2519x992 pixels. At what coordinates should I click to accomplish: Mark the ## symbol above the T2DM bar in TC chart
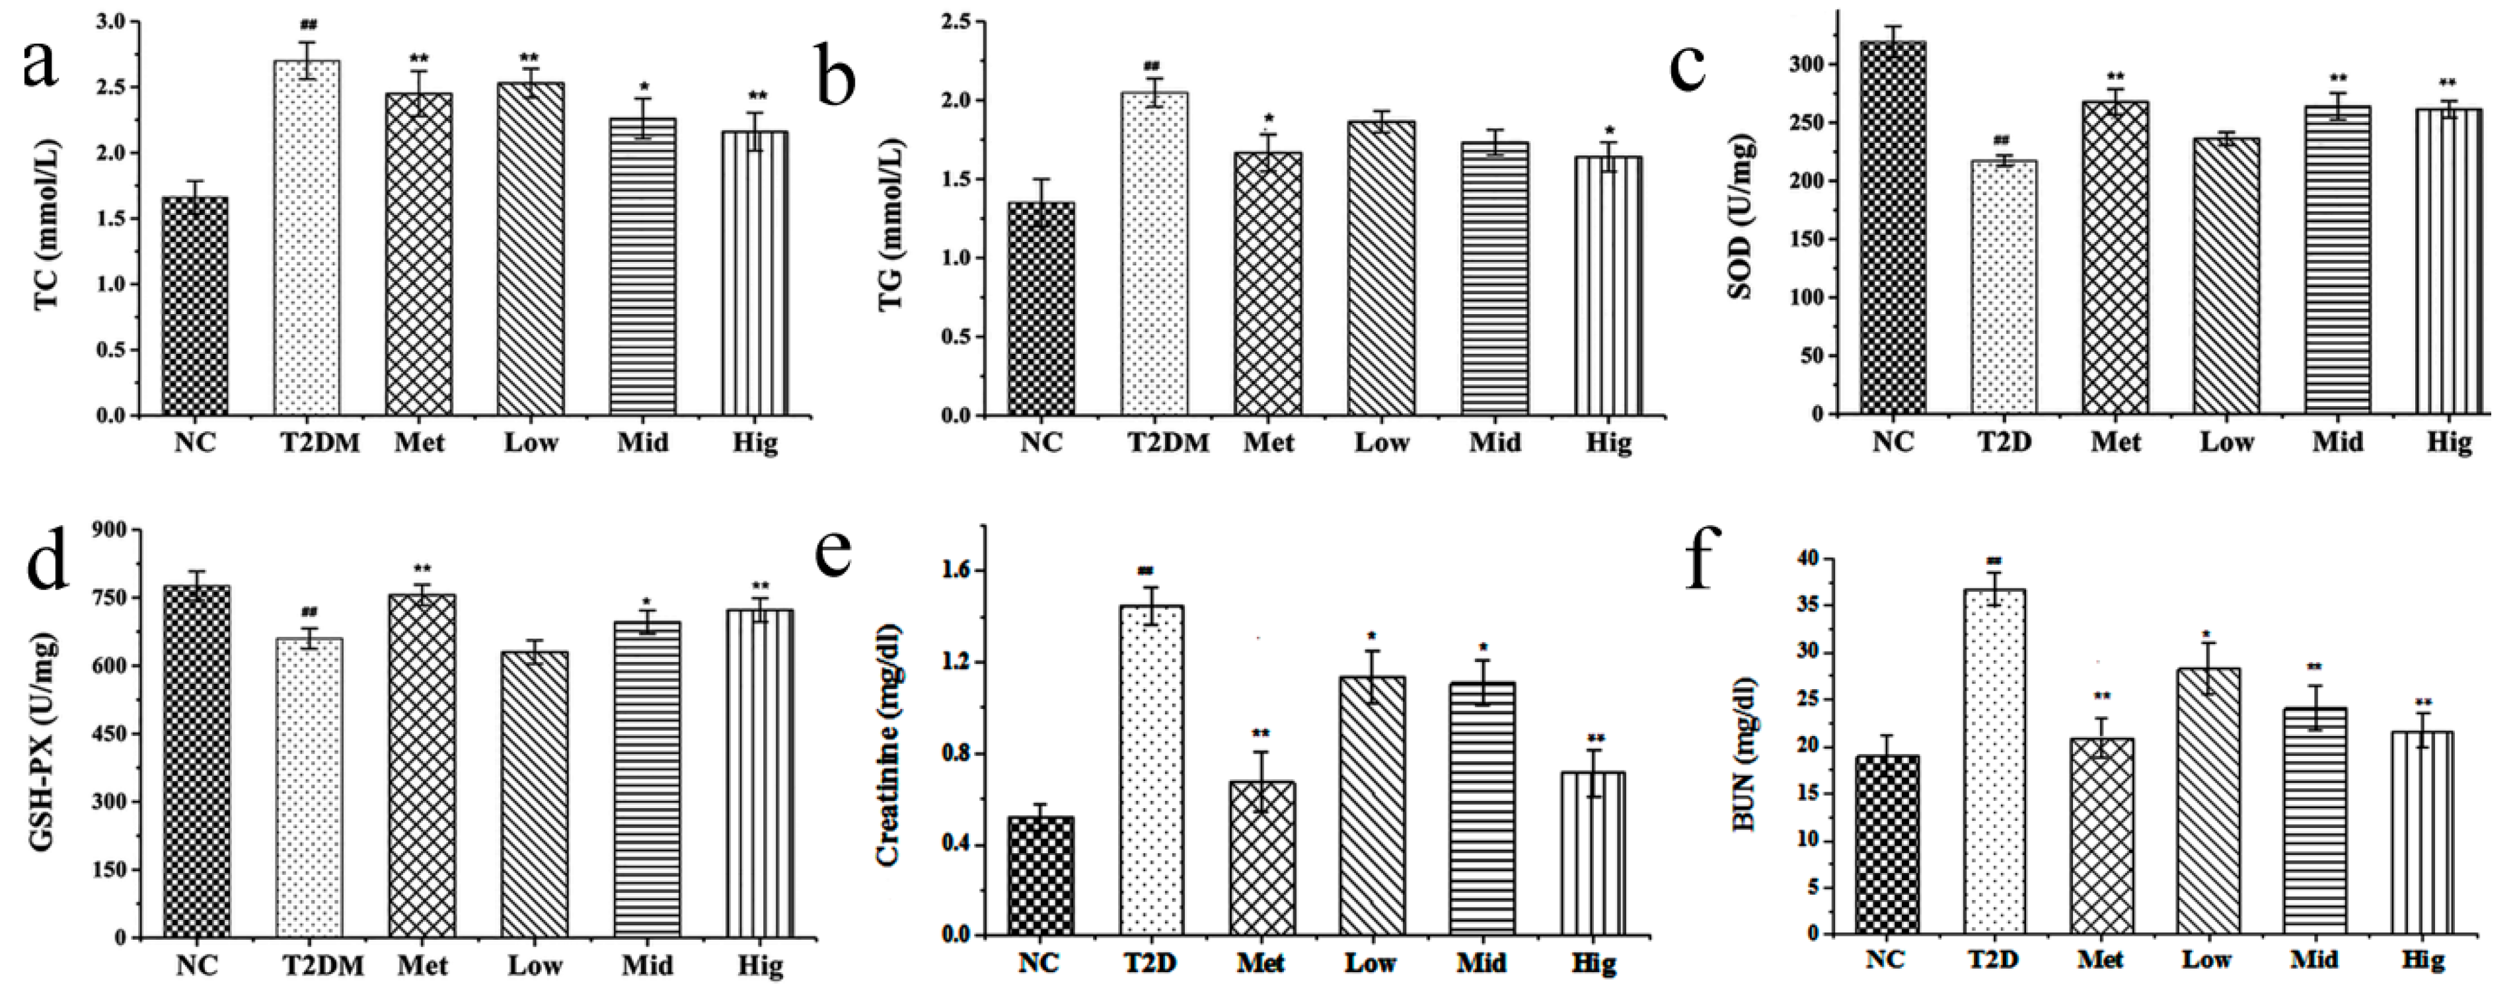click(308, 24)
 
